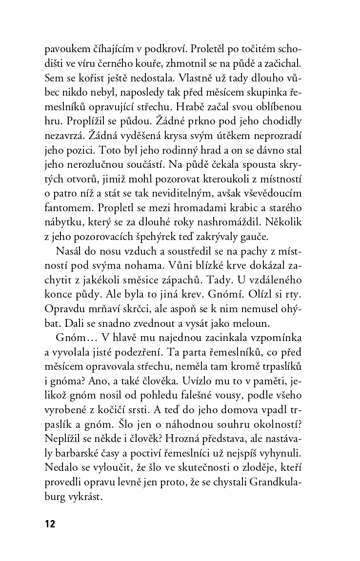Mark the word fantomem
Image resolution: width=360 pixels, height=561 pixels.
coord(67,205)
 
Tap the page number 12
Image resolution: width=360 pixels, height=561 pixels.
coord(50,524)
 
